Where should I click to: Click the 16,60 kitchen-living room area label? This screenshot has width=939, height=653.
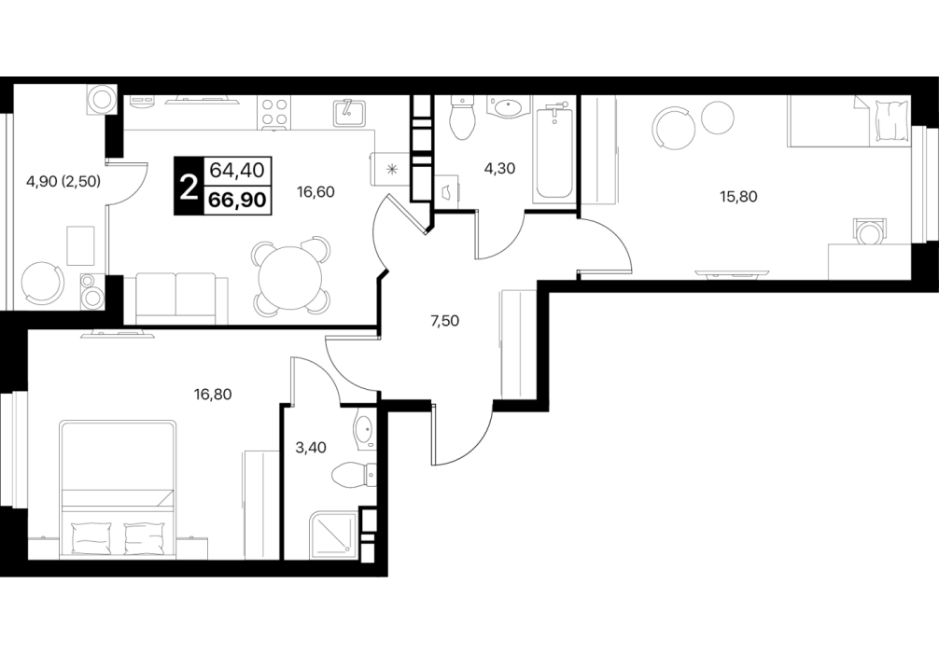315,192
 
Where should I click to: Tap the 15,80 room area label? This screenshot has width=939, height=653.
738,196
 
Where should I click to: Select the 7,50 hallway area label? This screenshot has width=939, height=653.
445,321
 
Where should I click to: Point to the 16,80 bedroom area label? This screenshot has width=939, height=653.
213,394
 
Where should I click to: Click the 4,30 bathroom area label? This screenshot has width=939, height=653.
499,169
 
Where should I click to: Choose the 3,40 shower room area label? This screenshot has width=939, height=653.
311,447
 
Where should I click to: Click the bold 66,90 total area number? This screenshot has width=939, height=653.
237,200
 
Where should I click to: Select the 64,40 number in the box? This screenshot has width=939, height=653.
237,171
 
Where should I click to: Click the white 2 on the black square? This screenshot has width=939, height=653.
189,187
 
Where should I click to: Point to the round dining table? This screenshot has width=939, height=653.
290,277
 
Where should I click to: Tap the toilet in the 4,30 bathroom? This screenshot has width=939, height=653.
461,118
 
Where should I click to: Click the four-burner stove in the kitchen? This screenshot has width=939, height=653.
274,113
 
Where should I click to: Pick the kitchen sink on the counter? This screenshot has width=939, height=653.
348,113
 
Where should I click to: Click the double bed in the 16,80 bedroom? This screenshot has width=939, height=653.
119,490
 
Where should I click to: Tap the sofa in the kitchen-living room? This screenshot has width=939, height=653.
176,299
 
